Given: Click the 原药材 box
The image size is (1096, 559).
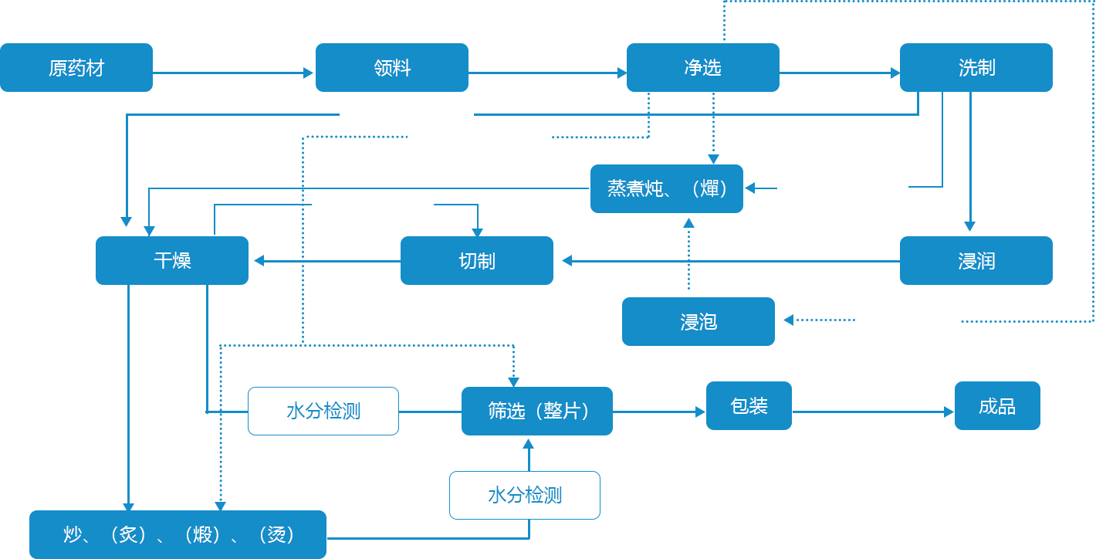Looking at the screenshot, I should click(x=76, y=68).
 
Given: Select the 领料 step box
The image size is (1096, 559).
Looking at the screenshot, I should click(x=392, y=68).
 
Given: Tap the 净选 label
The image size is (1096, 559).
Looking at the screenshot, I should click(x=702, y=68).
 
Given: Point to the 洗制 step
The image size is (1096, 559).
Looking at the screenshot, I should click(x=976, y=68).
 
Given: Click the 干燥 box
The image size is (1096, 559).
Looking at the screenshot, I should click(x=172, y=261).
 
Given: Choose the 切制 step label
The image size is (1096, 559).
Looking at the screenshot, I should click(x=476, y=262).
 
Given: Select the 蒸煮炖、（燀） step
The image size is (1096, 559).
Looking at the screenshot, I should click(x=668, y=188).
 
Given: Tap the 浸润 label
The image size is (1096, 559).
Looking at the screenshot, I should click(x=976, y=262).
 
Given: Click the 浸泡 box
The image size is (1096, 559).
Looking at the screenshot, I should click(x=699, y=322).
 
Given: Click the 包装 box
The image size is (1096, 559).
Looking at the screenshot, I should click(x=749, y=405).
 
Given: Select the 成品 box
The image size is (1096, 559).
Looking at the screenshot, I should click(x=996, y=406).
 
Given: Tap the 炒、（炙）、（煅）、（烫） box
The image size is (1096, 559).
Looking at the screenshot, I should click(x=178, y=534).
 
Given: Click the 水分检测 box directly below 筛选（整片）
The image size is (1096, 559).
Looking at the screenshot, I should click(x=525, y=496).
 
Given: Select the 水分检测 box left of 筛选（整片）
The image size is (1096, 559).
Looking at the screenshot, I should click(x=323, y=412).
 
